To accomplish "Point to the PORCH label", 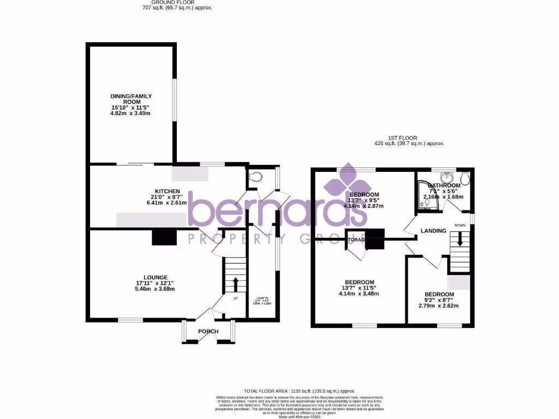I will tap(208, 331).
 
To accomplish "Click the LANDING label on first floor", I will tap(433, 231).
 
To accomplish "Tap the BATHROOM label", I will tap(445, 186).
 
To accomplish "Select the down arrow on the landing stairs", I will tap(460, 239).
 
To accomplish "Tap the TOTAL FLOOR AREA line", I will tap(299, 391).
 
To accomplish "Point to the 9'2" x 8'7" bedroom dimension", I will tap(439, 300).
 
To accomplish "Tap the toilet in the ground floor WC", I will tap(254, 177).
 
